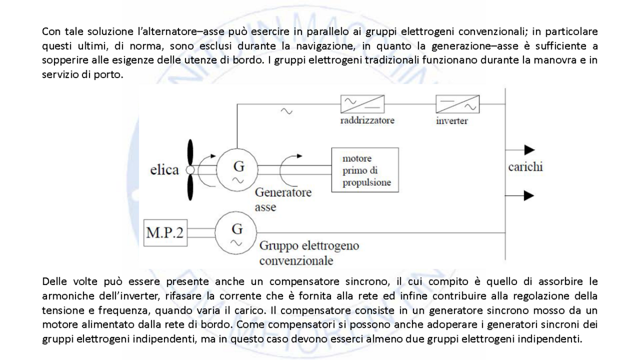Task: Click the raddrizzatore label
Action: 367,120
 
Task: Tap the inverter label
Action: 452,121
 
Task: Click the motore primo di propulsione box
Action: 365,170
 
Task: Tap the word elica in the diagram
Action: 164,170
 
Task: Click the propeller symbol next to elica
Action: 190,170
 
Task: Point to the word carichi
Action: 525,167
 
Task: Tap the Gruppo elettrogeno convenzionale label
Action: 309,253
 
